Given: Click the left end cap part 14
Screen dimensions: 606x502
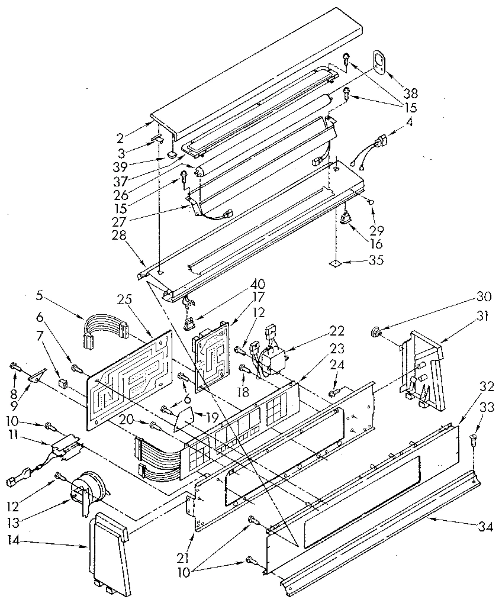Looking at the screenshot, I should coord(110,553).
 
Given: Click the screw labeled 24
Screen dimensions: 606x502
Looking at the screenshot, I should coord(334,391).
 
